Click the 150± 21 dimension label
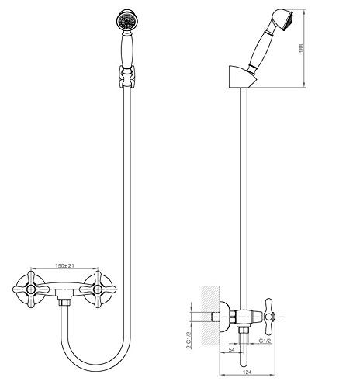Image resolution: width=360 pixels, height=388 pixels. [x=64, y=265]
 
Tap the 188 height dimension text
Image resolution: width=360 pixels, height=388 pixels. [x=302, y=48]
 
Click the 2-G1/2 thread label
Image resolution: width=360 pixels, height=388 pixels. [x=189, y=340]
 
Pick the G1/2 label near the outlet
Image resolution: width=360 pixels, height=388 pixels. [x=265, y=341]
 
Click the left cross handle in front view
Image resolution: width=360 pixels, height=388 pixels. [x=31, y=289]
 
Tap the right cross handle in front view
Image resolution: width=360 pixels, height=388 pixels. [x=98, y=289]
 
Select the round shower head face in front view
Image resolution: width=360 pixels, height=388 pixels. [x=126, y=21]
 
